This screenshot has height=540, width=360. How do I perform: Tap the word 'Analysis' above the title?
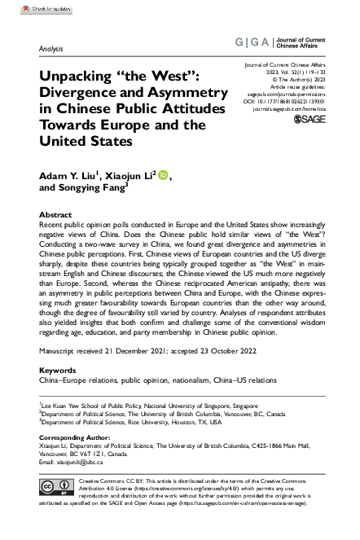tap(50, 49)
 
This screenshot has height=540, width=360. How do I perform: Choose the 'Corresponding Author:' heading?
tap(76, 439)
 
